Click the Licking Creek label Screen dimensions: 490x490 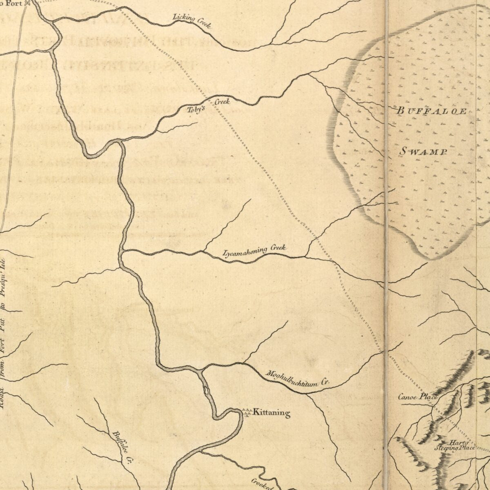192,21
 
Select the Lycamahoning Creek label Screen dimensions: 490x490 254,251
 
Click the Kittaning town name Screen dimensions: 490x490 272,413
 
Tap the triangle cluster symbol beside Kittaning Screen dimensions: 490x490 246,412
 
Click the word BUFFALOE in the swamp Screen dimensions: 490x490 432,111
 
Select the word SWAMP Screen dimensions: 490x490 423,151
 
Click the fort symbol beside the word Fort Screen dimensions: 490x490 28,3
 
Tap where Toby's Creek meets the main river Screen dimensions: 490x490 119,141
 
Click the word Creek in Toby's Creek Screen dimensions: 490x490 222,102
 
